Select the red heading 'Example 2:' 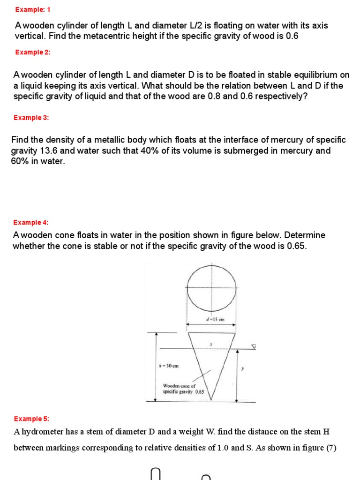coord(32,52)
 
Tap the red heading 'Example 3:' coord(31,118)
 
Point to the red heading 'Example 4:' coord(30,222)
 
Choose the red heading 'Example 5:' coord(31,419)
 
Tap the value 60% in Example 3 coord(20,161)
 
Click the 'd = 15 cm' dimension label coord(215,320)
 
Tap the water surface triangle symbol coord(254,347)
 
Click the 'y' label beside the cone coord(242,369)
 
